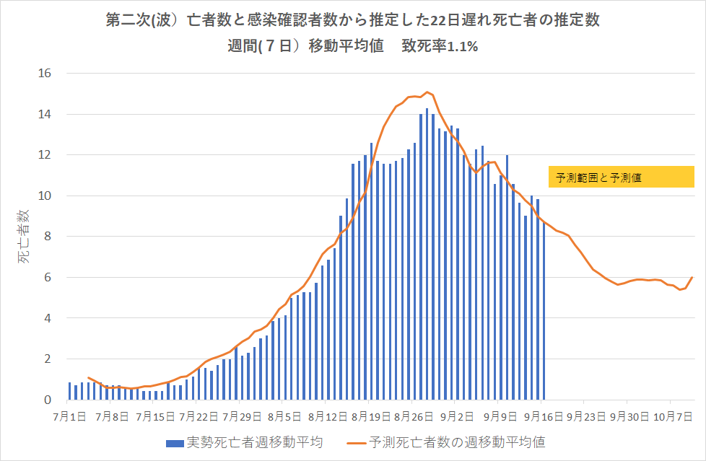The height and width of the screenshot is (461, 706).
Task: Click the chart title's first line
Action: pos(352,21)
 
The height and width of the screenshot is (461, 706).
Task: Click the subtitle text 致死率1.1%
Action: pos(440,47)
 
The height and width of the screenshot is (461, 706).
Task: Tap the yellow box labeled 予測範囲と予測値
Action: pos(621,177)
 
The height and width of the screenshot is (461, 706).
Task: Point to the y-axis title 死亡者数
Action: pos(24,237)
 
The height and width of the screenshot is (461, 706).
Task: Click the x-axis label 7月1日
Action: pos(71,416)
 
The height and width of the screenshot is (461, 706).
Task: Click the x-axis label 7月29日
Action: pos(242,416)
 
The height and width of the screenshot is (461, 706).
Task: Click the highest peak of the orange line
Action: pos(427,92)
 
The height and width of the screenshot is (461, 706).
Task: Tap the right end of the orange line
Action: pos(693,277)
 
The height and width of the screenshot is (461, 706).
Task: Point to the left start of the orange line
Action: pos(88,377)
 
